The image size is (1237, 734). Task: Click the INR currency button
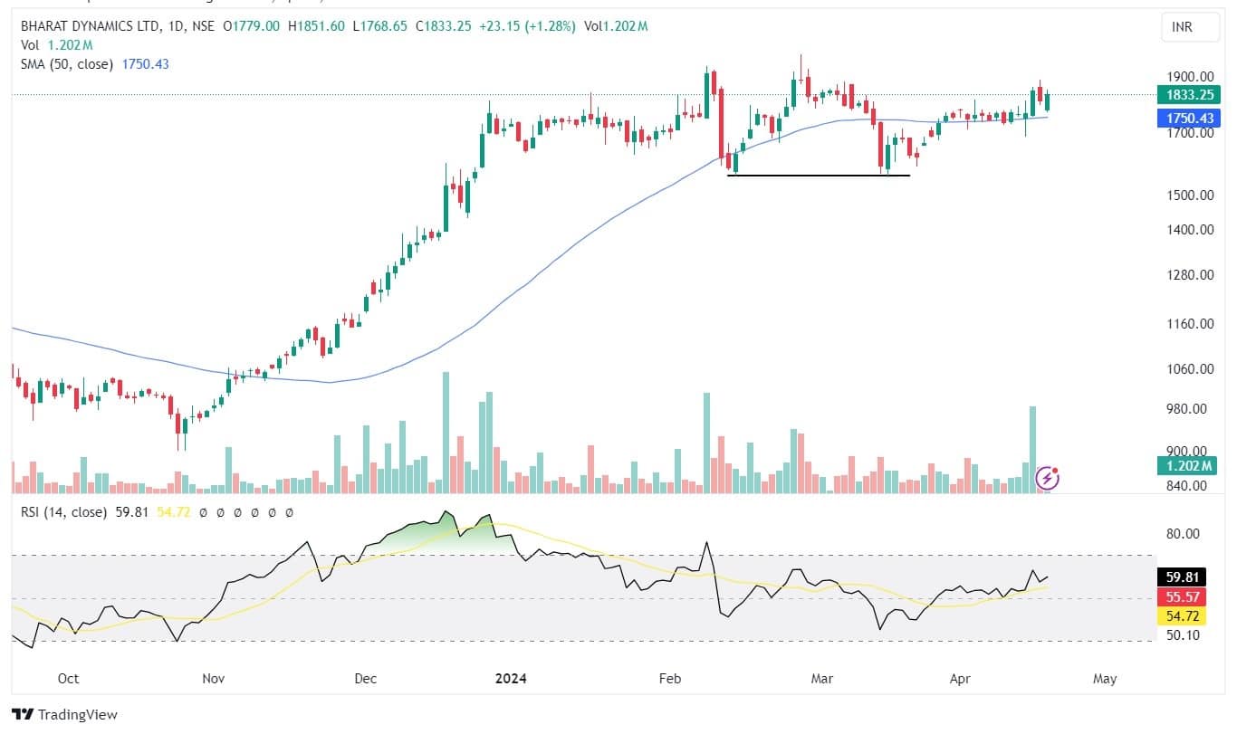[1181, 27]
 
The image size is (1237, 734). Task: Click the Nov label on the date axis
[213, 678]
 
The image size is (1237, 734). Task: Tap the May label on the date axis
[1105, 678]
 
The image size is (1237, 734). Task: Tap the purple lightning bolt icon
[1048, 478]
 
